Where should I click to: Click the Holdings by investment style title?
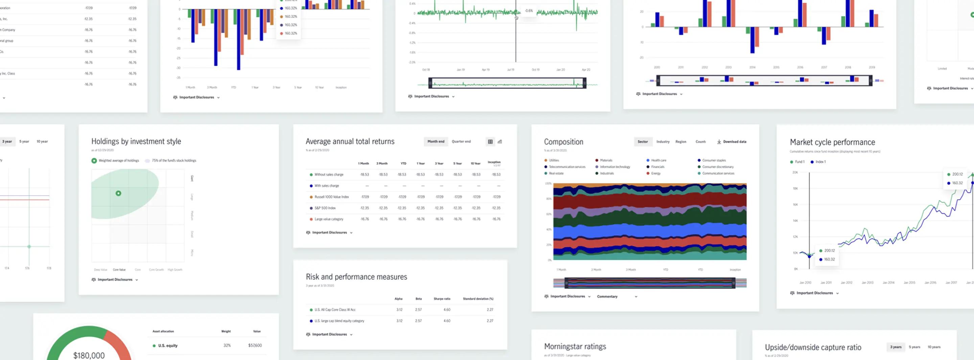pyautogui.click(x=136, y=141)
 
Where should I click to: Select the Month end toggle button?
pyautogui.click(x=436, y=141)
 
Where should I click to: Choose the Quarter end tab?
pyautogui.click(x=461, y=141)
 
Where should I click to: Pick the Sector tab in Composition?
pyautogui.click(x=643, y=142)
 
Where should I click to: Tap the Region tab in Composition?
pyautogui.click(x=680, y=142)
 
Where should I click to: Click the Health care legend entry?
pyautogui.click(x=658, y=160)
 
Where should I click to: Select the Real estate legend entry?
pyautogui.click(x=556, y=173)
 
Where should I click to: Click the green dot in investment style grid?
pyautogui.click(x=118, y=193)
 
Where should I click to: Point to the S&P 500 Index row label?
pyautogui.click(x=325, y=208)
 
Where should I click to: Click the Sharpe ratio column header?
pyautogui.click(x=442, y=299)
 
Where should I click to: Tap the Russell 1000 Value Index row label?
pyautogui.click(x=331, y=197)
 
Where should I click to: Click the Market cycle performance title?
pyautogui.click(x=832, y=142)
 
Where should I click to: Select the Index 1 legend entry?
pyautogui.click(x=820, y=162)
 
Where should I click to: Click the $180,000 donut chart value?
pyautogui.click(x=89, y=355)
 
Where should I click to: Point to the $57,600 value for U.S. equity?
pyautogui.click(x=255, y=345)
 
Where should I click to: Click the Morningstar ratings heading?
pyautogui.click(x=575, y=346)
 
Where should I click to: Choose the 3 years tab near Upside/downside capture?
pyautogui.click(x=895, y=347)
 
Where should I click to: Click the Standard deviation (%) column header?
pyautogui.click(x=478, y=299)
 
